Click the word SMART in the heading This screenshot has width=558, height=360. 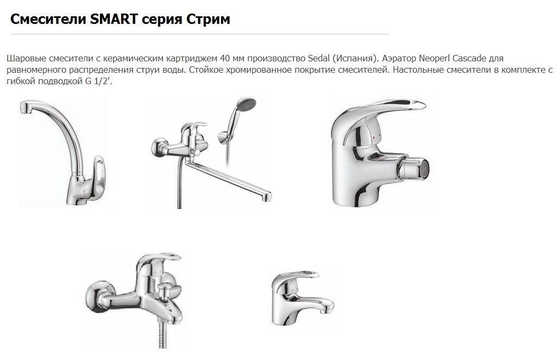point(114,19)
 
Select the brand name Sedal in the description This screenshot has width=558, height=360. point(318,58)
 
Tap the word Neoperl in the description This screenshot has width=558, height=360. point(434,58)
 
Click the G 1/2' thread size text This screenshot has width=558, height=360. point(98,81)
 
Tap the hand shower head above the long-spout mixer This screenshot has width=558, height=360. point(246,103)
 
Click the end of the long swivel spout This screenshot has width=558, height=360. point(268,197)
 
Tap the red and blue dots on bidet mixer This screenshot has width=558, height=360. point(376,136)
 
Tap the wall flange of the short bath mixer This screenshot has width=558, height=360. point(94,295)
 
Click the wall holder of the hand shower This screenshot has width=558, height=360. point(222,137)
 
